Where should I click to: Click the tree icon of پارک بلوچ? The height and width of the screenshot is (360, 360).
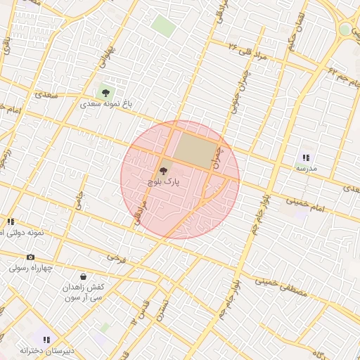pos(165,169)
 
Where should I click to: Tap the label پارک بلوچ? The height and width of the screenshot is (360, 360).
pos(164,181)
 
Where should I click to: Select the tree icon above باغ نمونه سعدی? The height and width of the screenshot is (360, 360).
pos(105,91)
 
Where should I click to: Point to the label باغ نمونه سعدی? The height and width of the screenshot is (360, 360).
pos(105,103)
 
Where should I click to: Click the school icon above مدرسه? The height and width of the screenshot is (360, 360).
pos(306,158)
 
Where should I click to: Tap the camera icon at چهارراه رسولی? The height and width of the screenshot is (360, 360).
pos(30,257)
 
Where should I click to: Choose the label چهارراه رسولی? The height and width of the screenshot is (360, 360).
pos(30,268)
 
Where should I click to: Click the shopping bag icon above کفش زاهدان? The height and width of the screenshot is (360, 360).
pos(84,276)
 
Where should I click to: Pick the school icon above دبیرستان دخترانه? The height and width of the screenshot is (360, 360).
pos(46,340)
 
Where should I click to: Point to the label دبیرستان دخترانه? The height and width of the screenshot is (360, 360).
pos(46,350)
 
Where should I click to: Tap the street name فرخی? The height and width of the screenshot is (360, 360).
pos(117,258)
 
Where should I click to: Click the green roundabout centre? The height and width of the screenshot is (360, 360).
pos(345,30)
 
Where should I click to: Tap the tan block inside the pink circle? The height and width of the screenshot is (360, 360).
pos(195,150)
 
